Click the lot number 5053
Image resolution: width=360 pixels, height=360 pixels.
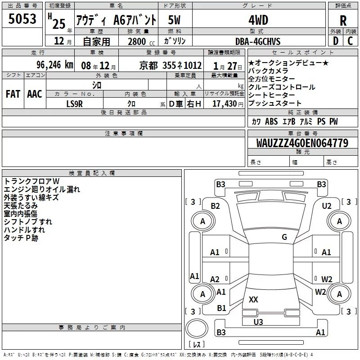pos(23,20)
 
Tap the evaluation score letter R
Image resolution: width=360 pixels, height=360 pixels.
pos(343,21)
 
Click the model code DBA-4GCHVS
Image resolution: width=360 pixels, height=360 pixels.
pos(258,41)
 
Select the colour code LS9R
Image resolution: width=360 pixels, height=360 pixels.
pos(75,104)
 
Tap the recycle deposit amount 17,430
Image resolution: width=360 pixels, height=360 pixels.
pos(224,104)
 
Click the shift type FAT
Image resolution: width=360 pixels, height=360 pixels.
pos(13,94)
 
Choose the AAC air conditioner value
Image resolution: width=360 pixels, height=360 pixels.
pos(35,94)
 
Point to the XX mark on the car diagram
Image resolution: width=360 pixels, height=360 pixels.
pos(253,300)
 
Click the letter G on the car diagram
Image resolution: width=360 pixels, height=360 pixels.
pos(284,237)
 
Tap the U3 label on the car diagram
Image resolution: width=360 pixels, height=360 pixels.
pos(258,322)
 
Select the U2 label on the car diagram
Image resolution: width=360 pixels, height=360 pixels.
pos(326,206)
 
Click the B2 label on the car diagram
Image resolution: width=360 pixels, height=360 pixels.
pos(215,206)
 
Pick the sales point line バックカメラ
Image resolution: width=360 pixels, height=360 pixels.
pos(268,71)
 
